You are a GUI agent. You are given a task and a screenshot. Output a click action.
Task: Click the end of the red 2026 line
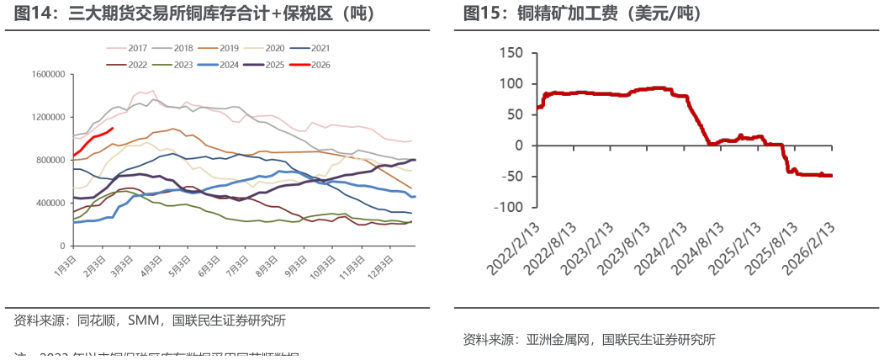coord(112,129)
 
